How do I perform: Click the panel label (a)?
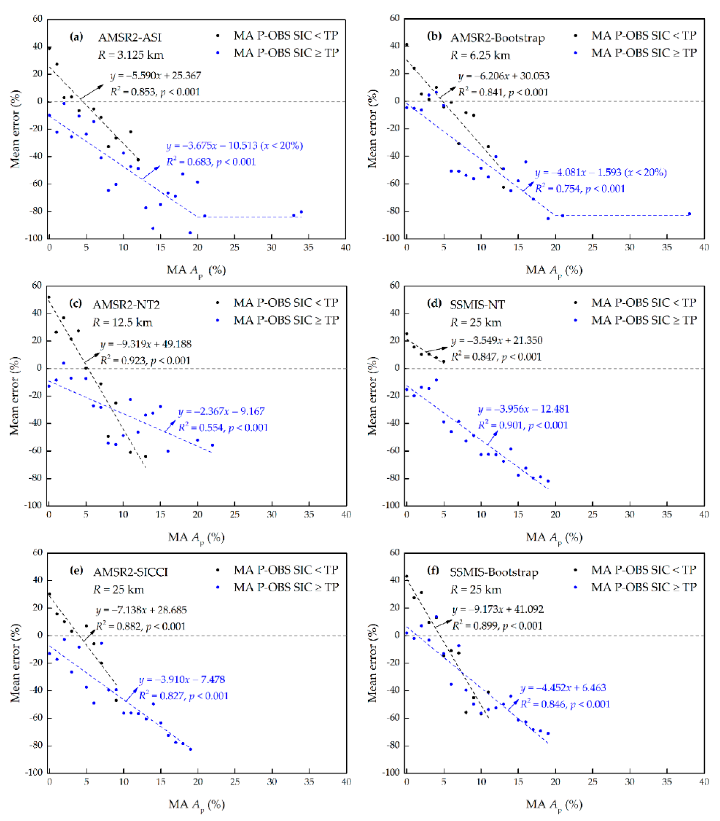coord(76,37)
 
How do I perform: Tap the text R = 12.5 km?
coord(123,322)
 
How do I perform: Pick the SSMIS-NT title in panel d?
coord(477,305)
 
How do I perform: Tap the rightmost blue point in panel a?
coord(301,212)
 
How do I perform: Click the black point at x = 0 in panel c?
coord(48,297)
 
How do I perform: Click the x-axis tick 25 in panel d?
coord(592,514)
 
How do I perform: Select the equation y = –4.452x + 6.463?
coord(563,688)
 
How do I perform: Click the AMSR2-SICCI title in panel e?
coord(131,572)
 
